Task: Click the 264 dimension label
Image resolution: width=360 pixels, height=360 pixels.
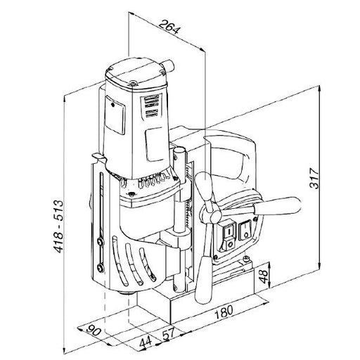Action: pyautogui.click(x=170, y=27)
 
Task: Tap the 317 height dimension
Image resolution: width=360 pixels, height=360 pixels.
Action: pyautogui.click(x=314, y=179)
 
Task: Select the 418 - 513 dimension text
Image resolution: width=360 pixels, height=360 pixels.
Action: pyautogui.click(x=58, y=226)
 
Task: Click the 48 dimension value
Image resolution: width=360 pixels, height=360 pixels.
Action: pyautogui.click(x=263, y=276)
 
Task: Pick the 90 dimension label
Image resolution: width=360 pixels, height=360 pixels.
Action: pyautogui.click(x=94, y=330)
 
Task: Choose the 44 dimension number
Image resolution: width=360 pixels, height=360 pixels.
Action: pyautogui.click(x=146, y=342)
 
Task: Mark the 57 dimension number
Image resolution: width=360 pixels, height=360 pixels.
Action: pyautogui.click(x=169, y=333)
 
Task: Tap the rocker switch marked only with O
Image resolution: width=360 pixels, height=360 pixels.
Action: pyautogui.click(x=245, y=231)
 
